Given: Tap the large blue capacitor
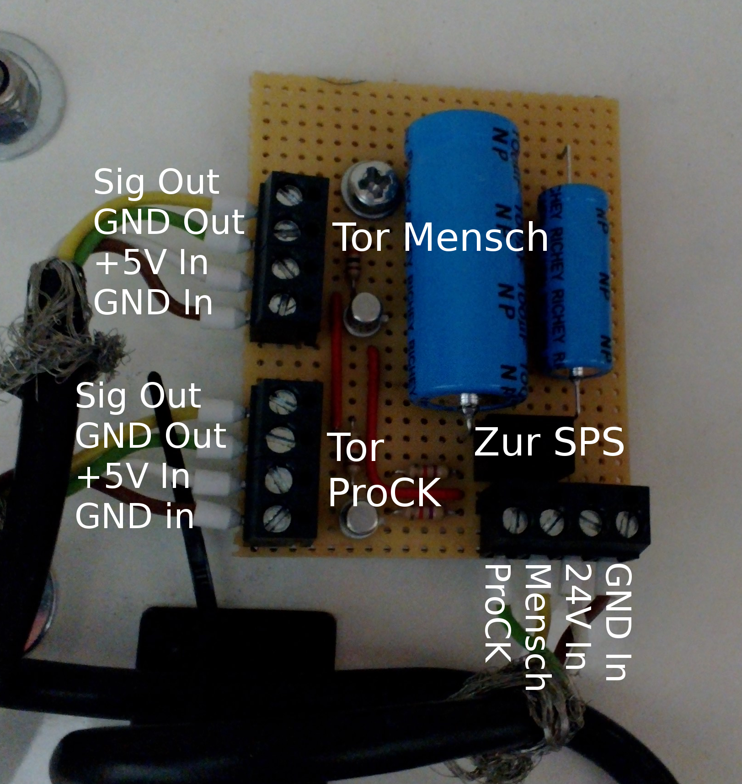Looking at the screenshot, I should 464,274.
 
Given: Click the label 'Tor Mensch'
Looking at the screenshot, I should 442,238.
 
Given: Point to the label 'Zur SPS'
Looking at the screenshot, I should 549,442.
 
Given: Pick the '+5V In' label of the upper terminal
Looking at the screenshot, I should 151,263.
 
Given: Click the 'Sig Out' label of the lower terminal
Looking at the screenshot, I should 138,396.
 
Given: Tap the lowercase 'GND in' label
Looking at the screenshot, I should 134,517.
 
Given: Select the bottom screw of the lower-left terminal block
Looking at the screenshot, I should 277,519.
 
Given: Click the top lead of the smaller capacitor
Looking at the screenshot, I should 567,164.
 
